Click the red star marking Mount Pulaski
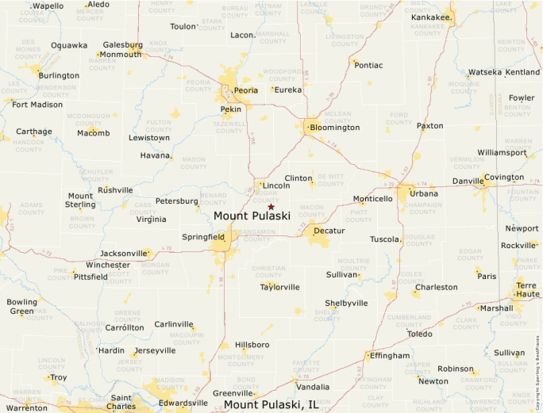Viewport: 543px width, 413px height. tap(271, 207)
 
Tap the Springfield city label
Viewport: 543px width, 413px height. tap(204, 237)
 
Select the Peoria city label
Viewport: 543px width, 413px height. tap(246, 90)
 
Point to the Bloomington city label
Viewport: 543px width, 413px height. tap(334, 127)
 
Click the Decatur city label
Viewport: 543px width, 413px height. tap(329, 231)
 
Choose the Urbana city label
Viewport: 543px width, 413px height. tap(424, 193)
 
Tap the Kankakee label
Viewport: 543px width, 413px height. tap(431, 17)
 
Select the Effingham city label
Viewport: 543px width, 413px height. tap(390, 355)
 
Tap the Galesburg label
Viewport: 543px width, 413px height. tap(122, 45)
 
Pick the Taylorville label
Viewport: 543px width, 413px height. tap(280, 287)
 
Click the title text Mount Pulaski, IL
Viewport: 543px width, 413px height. tap(271, 404)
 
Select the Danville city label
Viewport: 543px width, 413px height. tap(468, 182)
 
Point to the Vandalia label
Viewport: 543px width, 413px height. tap(312, 387)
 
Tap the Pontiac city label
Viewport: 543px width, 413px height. tap(368, 65)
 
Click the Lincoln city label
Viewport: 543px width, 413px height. tap(276, 185)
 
